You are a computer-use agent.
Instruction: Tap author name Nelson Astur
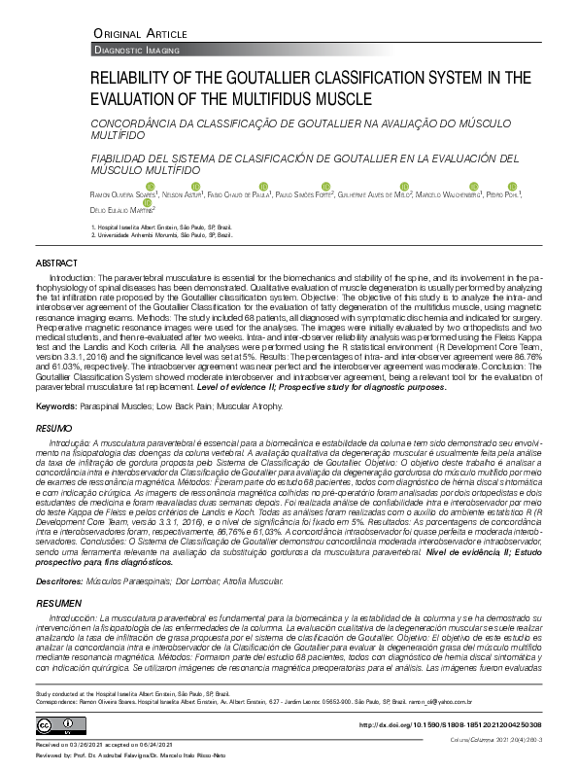(x=183, y=194)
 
